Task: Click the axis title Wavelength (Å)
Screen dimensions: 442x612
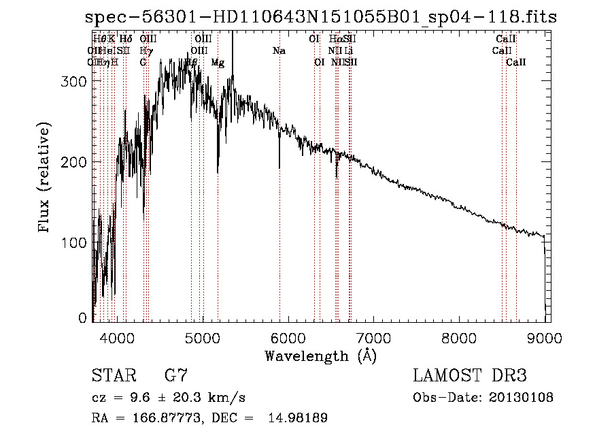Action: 320,356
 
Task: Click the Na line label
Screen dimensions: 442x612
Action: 279,51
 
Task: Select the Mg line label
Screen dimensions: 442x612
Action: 218,63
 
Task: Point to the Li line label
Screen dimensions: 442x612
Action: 349,51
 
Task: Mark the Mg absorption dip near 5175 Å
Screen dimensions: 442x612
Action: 218,170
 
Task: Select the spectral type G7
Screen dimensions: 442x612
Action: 175,375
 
